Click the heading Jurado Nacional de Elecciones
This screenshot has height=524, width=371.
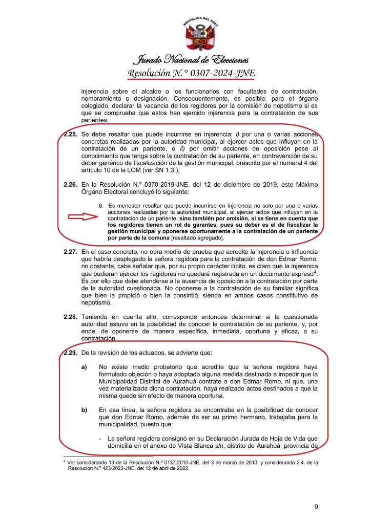tap(191, 60)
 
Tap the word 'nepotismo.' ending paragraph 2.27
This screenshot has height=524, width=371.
tap(97, 302)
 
